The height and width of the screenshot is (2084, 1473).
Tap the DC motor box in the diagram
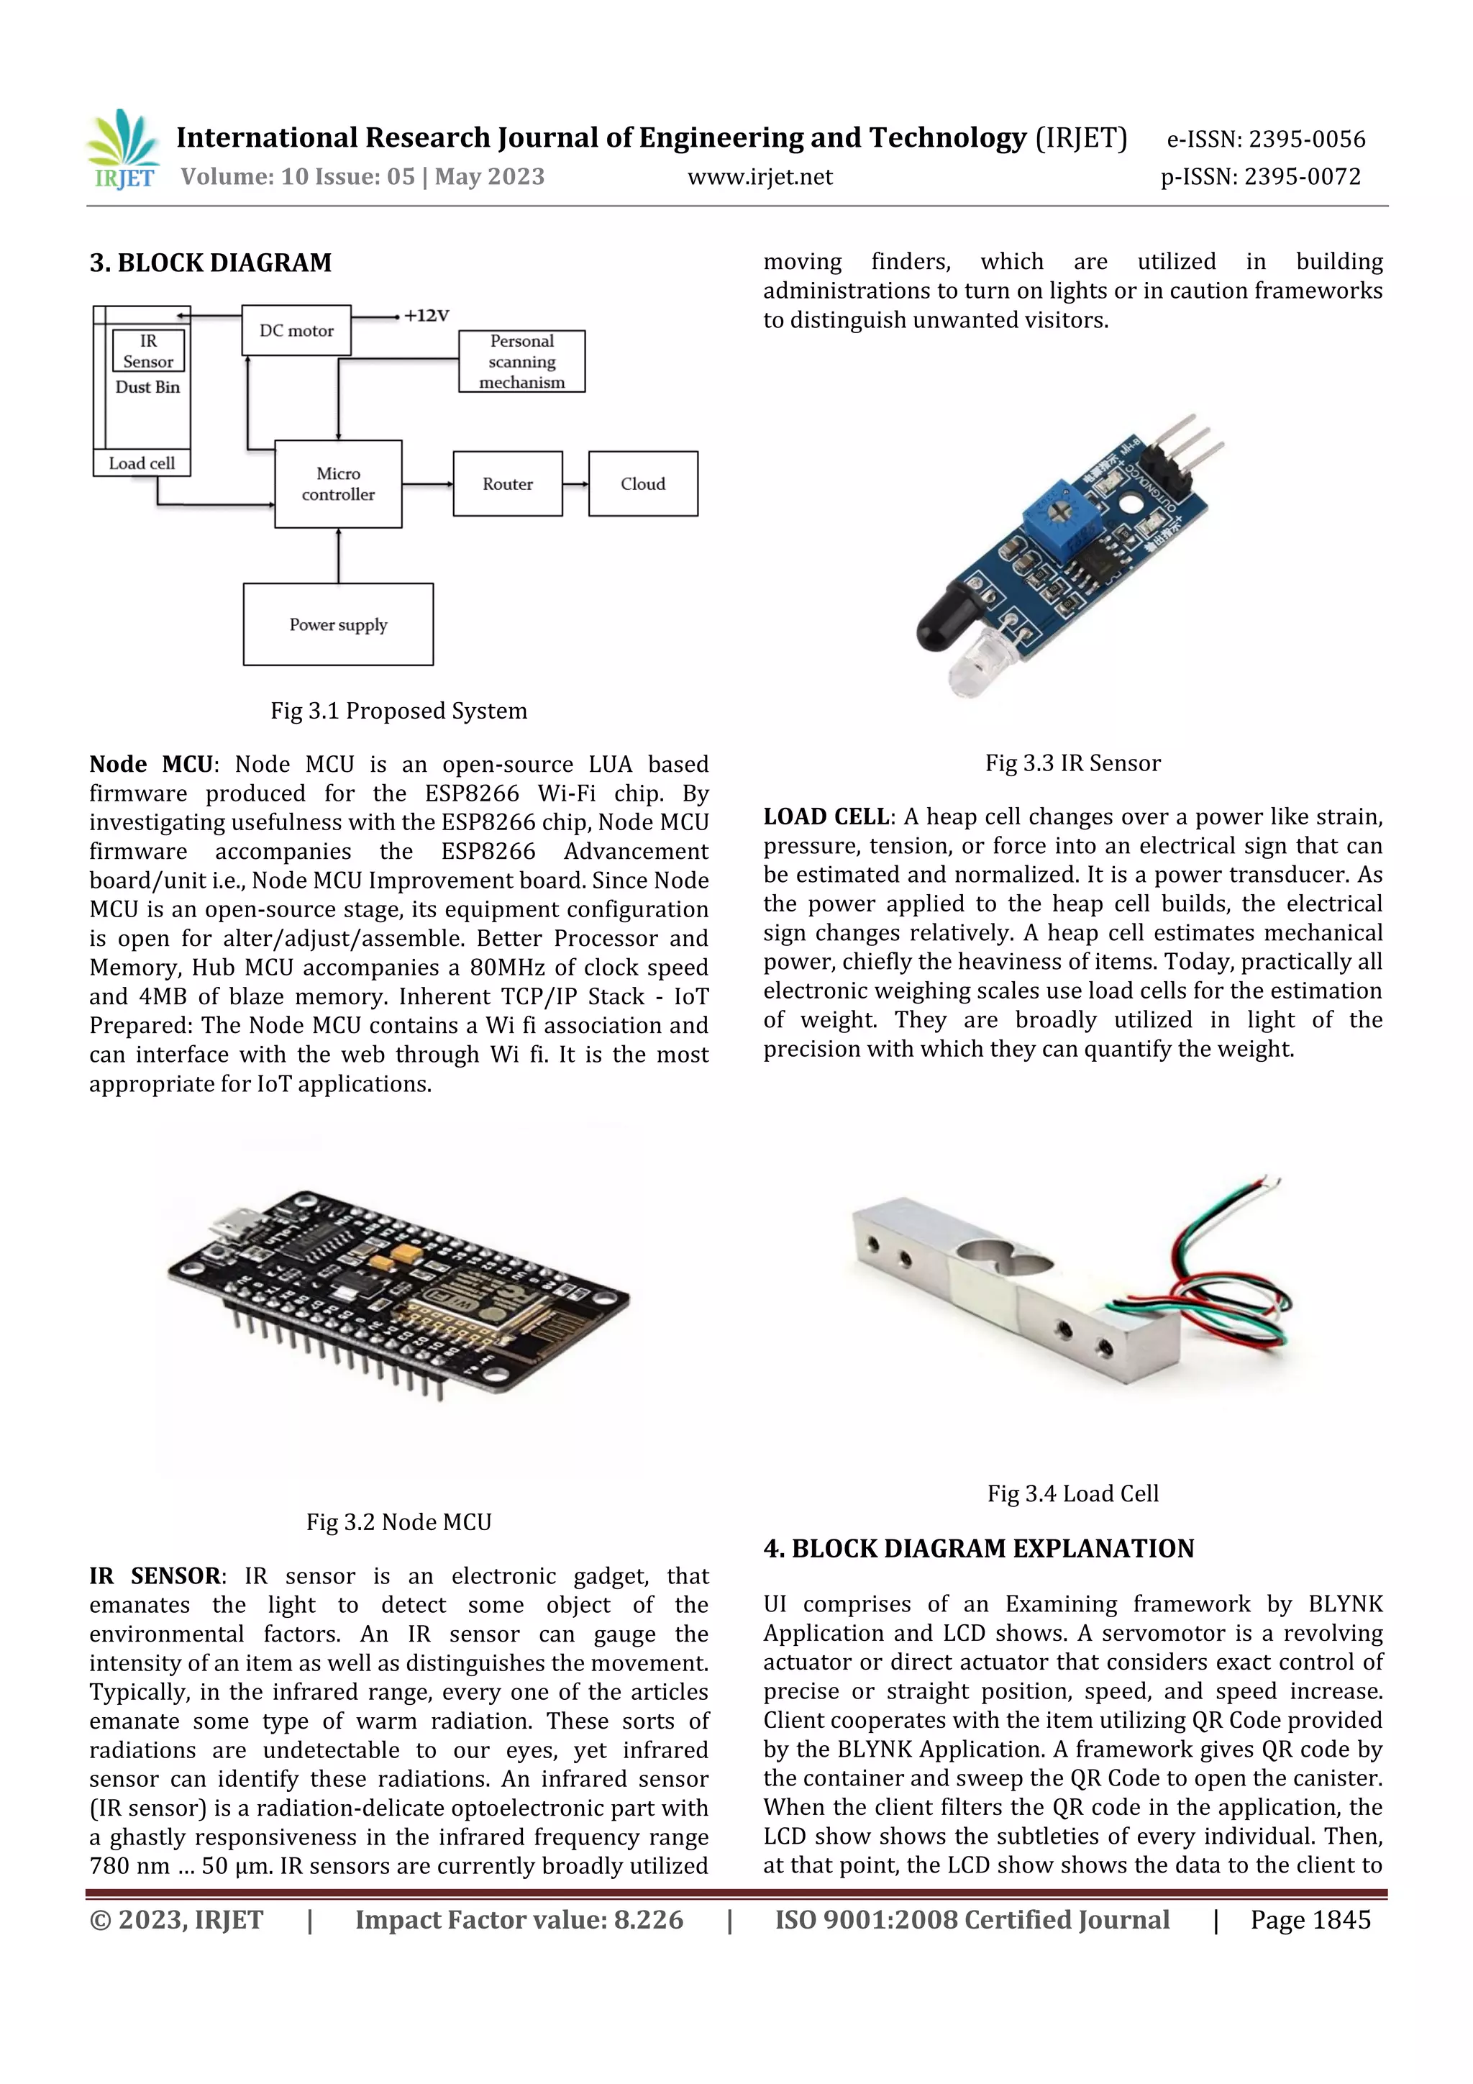pyautogui.click(x=296, y=330)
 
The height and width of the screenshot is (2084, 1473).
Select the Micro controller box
pyautogui.click(x=337, y=484)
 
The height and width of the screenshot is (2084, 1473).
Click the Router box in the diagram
pyautogui.click(x=507, y=484)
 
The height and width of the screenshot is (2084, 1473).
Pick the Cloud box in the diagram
pyautogui.click(x=642, y=484)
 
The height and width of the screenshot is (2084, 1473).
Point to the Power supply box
pyautogui.click(x=337, y=624)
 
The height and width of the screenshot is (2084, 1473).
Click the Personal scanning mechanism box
pyautogui.click(x=522, y=361)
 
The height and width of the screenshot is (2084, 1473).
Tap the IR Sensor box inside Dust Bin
pyautogui.click(x=148, y=351)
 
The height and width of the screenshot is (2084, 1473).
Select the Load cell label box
pyautogui.click(x=142, y=463)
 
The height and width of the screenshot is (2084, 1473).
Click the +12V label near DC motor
pyautogui.click(x=427, y=316)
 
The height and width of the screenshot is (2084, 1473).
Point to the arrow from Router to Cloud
pyautogui.click(x=575, y=484)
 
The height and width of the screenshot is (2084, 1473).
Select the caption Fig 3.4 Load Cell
pyautogui.click(x=1073, y=1493)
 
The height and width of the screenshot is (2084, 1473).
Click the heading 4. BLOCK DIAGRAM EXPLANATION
pyautogui.click(x=978, y=1549)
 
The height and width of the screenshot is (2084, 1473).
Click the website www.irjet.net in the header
pyautogui.click(x=760, y=177)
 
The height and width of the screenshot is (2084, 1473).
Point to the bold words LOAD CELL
pyautogui.click(x=825, y=817)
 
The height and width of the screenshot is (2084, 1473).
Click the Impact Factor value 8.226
pyautogui.click(x=648, y=1920)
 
